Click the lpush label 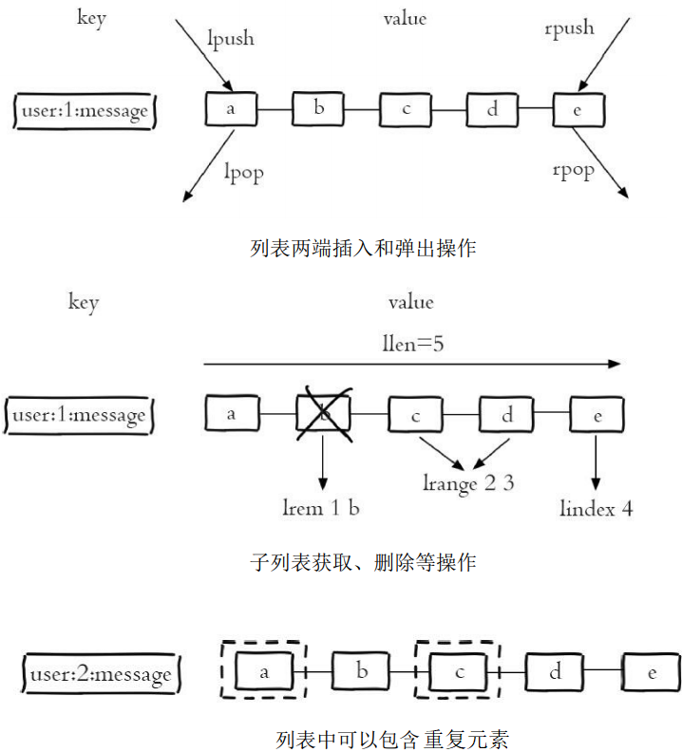point(231,38)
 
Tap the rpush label point(569,28)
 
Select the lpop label point(244,173)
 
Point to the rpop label point(574,171)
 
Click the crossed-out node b point(324,414)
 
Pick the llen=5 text point(413,344)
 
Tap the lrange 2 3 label point(468,483)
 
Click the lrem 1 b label point(321,508)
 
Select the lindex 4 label point(597,508)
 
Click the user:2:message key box point(101,673)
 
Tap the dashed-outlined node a point(264,670)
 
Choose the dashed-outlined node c point(459,670)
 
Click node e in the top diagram point(578,110)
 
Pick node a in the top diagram point(231,109)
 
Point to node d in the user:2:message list point(555,671)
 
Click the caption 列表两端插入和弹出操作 point(363,248)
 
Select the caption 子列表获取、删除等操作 point(363,561)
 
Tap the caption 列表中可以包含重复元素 point(392,739)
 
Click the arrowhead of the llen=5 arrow point(615,364)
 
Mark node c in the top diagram point(406,110)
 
